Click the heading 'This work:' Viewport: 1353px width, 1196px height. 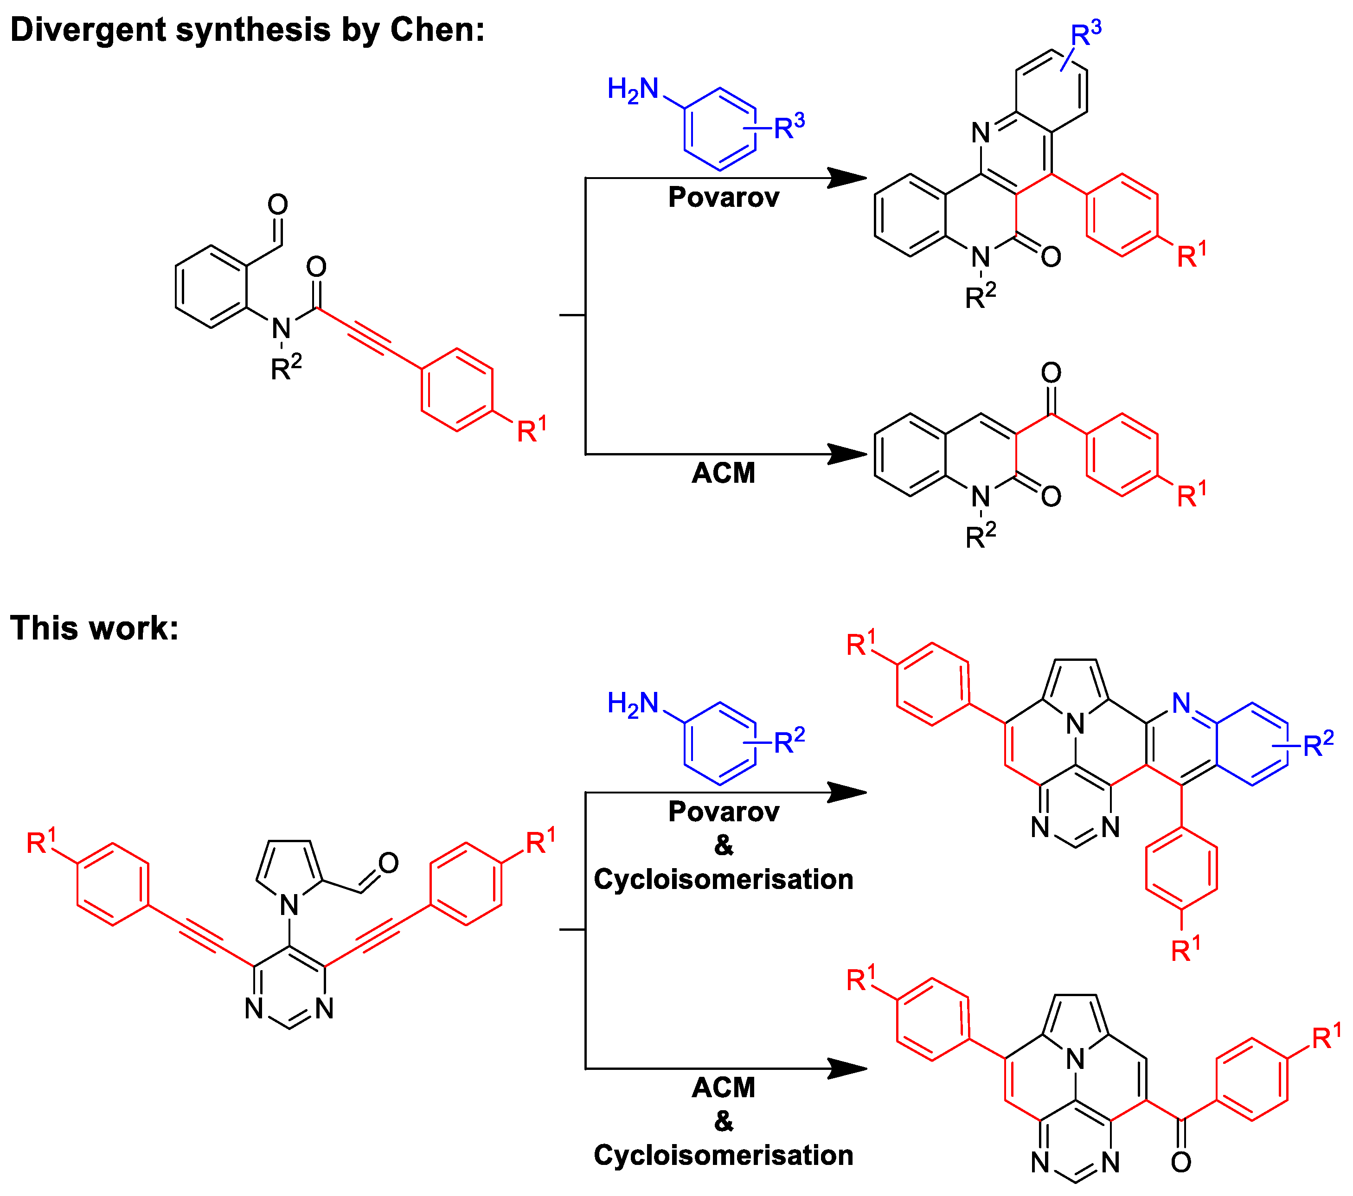coord(94,628)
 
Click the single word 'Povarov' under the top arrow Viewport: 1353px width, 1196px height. coord(724,197)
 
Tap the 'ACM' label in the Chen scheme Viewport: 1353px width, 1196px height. coord(724,473)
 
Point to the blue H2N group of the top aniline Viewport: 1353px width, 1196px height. coord(633,90)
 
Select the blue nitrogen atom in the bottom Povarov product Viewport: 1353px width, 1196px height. coord(1181,703)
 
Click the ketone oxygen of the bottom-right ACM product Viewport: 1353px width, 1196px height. coord(1181,1162)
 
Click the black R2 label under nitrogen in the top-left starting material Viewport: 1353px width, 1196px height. coord(286,367)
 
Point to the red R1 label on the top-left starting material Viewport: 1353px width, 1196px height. coord(532,430)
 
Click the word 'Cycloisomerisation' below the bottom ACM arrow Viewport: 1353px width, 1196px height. coord(724,1155)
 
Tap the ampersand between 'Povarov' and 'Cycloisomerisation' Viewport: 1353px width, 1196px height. coord(724,845)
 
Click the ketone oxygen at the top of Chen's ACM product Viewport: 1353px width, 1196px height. coord(1051,373)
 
